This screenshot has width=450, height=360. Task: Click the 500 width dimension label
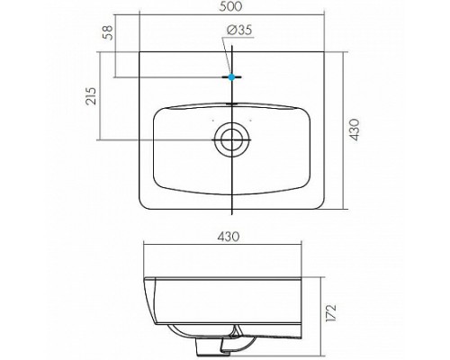pos(230,6)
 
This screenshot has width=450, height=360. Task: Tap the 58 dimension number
pos(108,32)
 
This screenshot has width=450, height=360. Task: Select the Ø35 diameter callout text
pos(239,30)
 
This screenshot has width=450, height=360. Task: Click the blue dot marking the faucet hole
pos(231,77)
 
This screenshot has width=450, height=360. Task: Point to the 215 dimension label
pos(91,96)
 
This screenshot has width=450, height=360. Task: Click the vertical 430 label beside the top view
pos(355,130)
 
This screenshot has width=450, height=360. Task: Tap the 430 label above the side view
pos(229,237)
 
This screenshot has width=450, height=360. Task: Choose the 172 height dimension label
pos(331,312)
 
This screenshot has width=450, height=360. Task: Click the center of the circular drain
pos(231,139)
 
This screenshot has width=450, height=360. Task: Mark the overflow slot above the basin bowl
pos(231,103)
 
